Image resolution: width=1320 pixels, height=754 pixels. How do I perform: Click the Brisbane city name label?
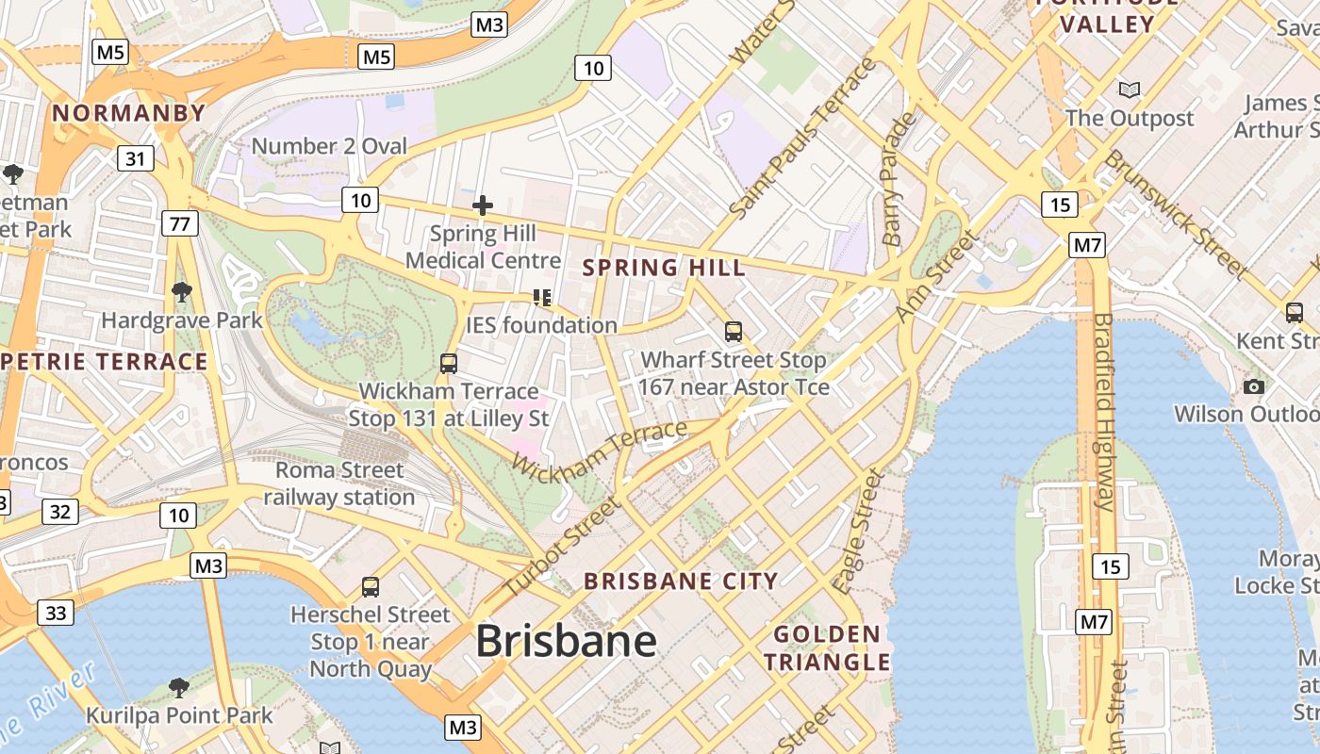pos(566,642)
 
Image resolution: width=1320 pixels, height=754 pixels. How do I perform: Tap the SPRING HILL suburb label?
pos(664,268)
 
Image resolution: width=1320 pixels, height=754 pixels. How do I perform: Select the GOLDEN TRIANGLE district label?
pos(827,648)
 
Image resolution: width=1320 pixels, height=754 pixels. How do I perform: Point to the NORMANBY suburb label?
pos(128,113)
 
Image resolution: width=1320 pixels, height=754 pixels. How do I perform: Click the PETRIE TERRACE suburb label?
pos(104,362)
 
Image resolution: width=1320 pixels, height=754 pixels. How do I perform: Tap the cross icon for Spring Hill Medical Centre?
pos(483,205)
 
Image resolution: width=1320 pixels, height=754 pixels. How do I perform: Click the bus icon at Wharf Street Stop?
pos(734,332)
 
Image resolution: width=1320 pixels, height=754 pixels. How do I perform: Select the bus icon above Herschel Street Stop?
pos(371,587)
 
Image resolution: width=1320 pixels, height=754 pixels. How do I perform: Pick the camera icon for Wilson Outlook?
pos(1254,386)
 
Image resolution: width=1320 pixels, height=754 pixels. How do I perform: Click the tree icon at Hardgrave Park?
pos(181,292)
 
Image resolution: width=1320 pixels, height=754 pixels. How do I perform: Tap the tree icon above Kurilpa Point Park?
pos(178,687)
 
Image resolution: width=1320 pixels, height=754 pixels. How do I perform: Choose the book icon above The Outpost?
pos(1129,90)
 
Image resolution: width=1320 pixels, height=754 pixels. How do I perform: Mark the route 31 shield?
pos(136,158)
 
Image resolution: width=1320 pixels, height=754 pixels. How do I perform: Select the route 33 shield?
pos(56,614)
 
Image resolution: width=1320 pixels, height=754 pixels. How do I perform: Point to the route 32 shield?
pos(59,512)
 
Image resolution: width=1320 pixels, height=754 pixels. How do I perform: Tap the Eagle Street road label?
pos(858,532)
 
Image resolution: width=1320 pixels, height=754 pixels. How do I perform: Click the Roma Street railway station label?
pos(339,484)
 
